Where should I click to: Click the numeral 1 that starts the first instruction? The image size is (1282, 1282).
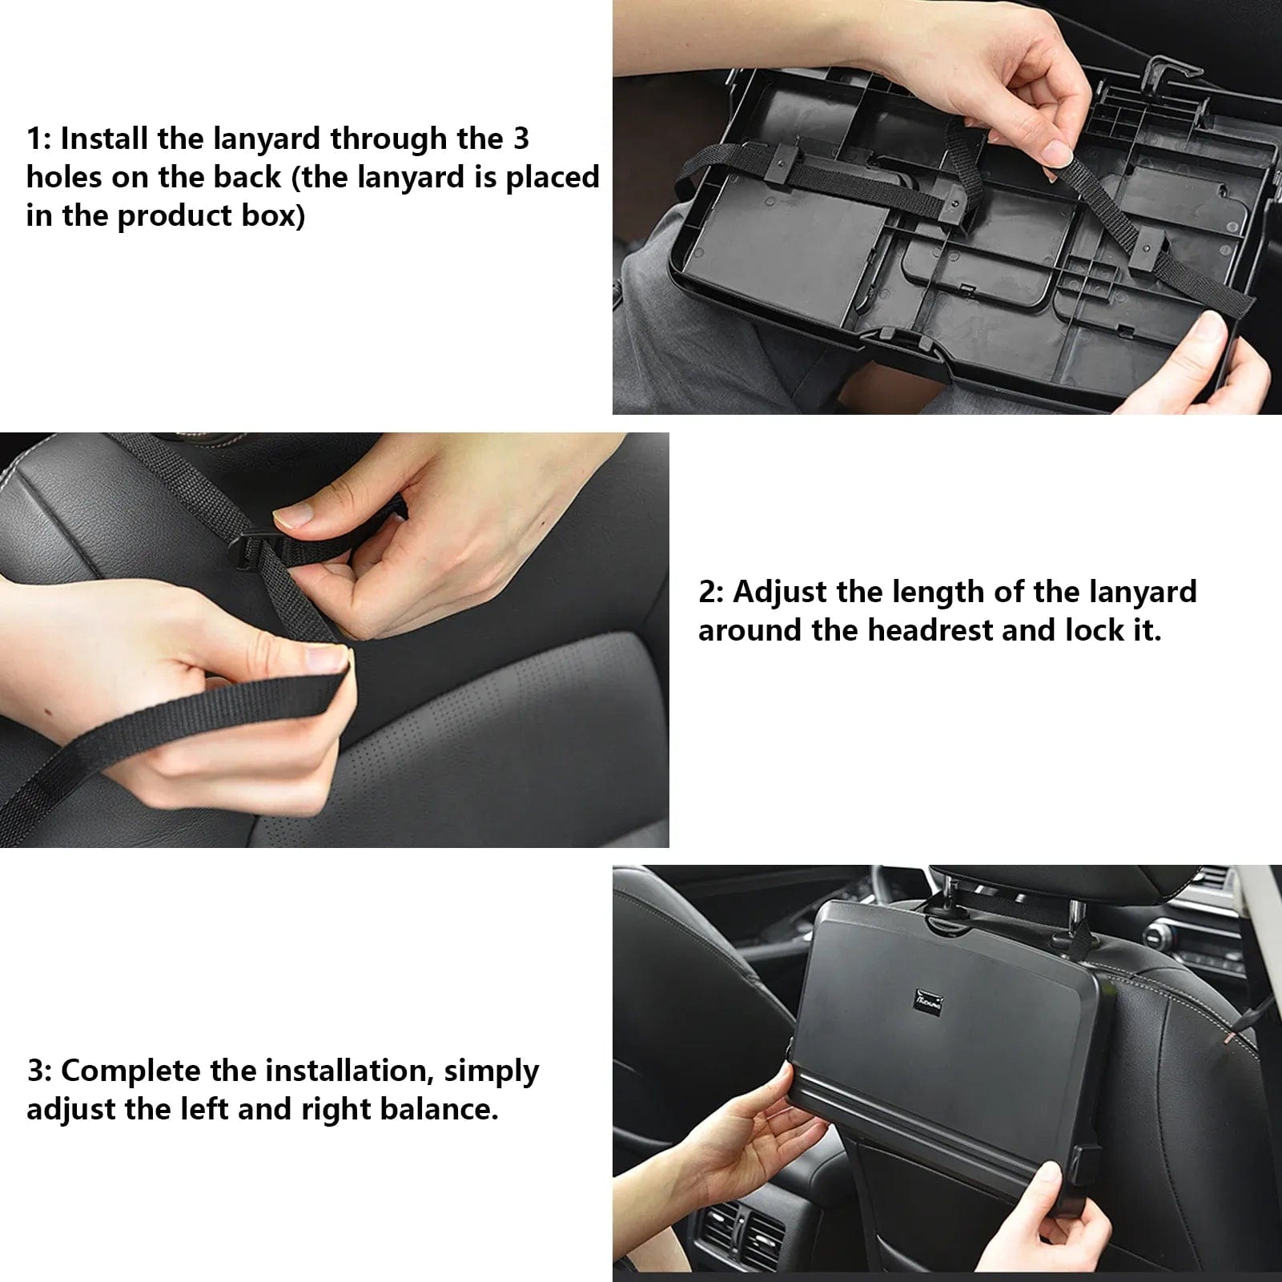click(34, 139)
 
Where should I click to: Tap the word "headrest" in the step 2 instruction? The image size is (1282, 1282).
click(930, 630)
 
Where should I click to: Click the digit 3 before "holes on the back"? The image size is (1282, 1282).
click(520, 139)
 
